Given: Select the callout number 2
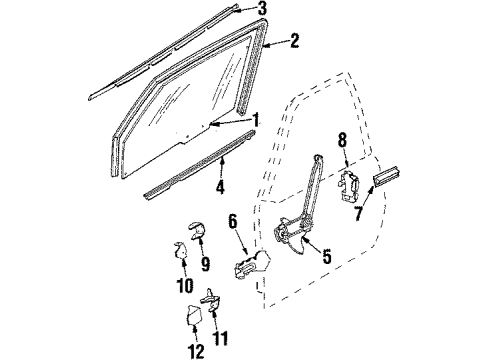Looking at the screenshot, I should click(x=294, y=41).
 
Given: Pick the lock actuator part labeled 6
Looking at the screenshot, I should click(x=249, y=268).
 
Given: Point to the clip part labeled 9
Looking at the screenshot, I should click(x=196, y=240).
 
